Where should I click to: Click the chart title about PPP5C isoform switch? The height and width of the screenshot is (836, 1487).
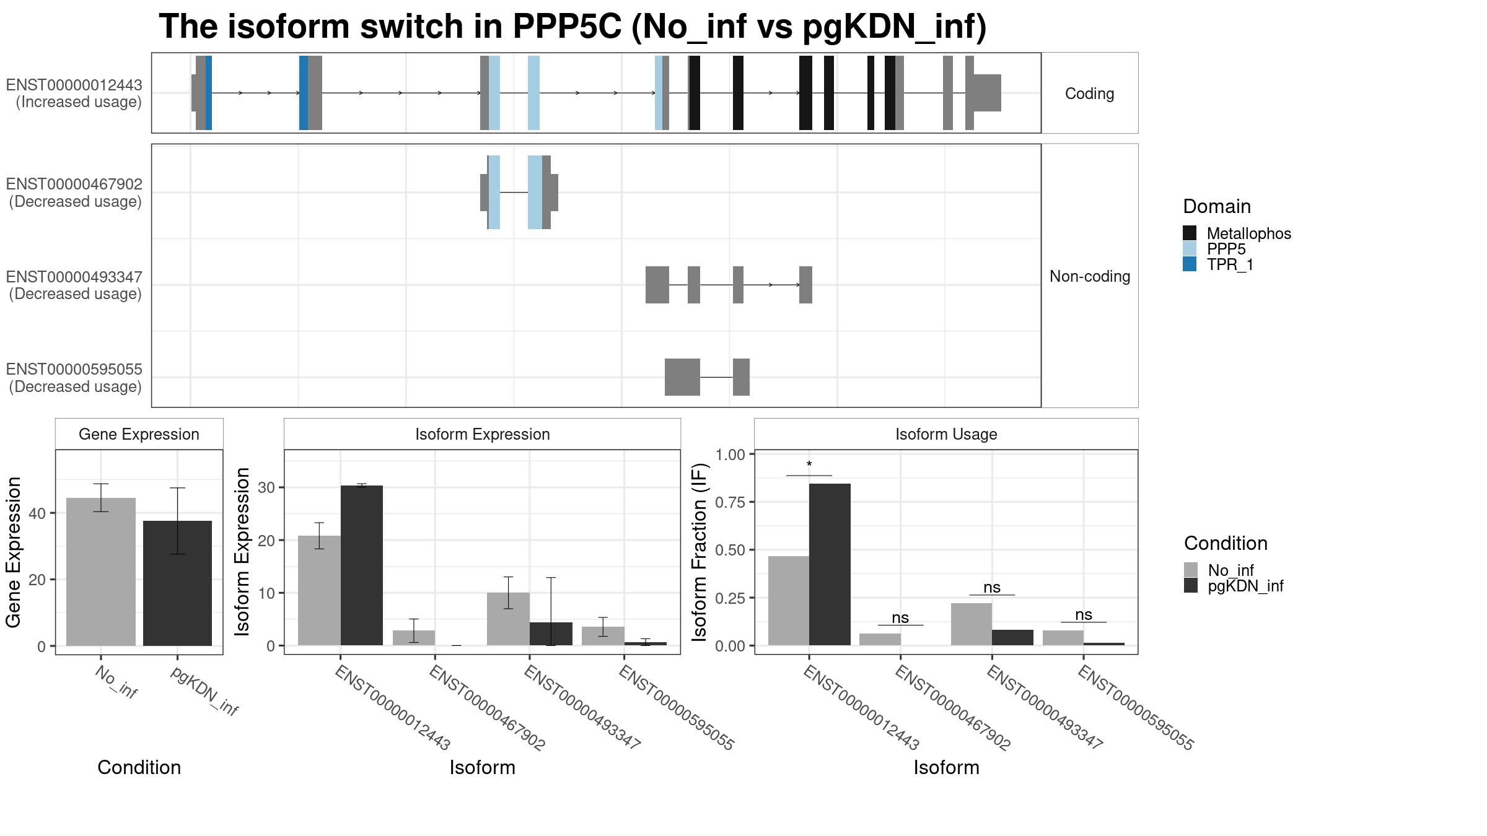point(572,27)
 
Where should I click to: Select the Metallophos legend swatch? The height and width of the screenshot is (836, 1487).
point(1190,233)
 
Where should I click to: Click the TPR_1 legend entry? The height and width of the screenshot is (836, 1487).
point(1230,265)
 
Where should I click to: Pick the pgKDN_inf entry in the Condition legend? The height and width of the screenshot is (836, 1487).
point(1245,586)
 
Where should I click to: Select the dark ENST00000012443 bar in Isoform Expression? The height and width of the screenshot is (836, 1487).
point(362,565)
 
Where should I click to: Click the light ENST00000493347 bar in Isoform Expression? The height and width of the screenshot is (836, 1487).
point(508,619)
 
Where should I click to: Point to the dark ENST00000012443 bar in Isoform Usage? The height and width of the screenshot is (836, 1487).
point(830,564)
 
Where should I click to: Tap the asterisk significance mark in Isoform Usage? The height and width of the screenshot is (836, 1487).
point(809,465)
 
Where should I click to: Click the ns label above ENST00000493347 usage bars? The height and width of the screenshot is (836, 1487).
point(992,587)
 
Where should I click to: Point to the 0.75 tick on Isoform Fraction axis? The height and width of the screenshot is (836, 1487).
point(730,502)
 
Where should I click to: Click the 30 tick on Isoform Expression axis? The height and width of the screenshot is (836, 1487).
point(266,488)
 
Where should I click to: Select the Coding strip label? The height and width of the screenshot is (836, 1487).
point(1089,94)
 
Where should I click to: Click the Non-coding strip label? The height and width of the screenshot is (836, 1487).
point(1089,276)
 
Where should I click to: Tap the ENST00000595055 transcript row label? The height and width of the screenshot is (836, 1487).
point(74,378)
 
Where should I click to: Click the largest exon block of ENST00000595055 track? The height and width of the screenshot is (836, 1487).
point(682,377)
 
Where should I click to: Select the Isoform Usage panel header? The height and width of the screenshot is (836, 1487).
point(945,434)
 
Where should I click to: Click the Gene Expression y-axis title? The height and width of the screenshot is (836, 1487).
point(14,552)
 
